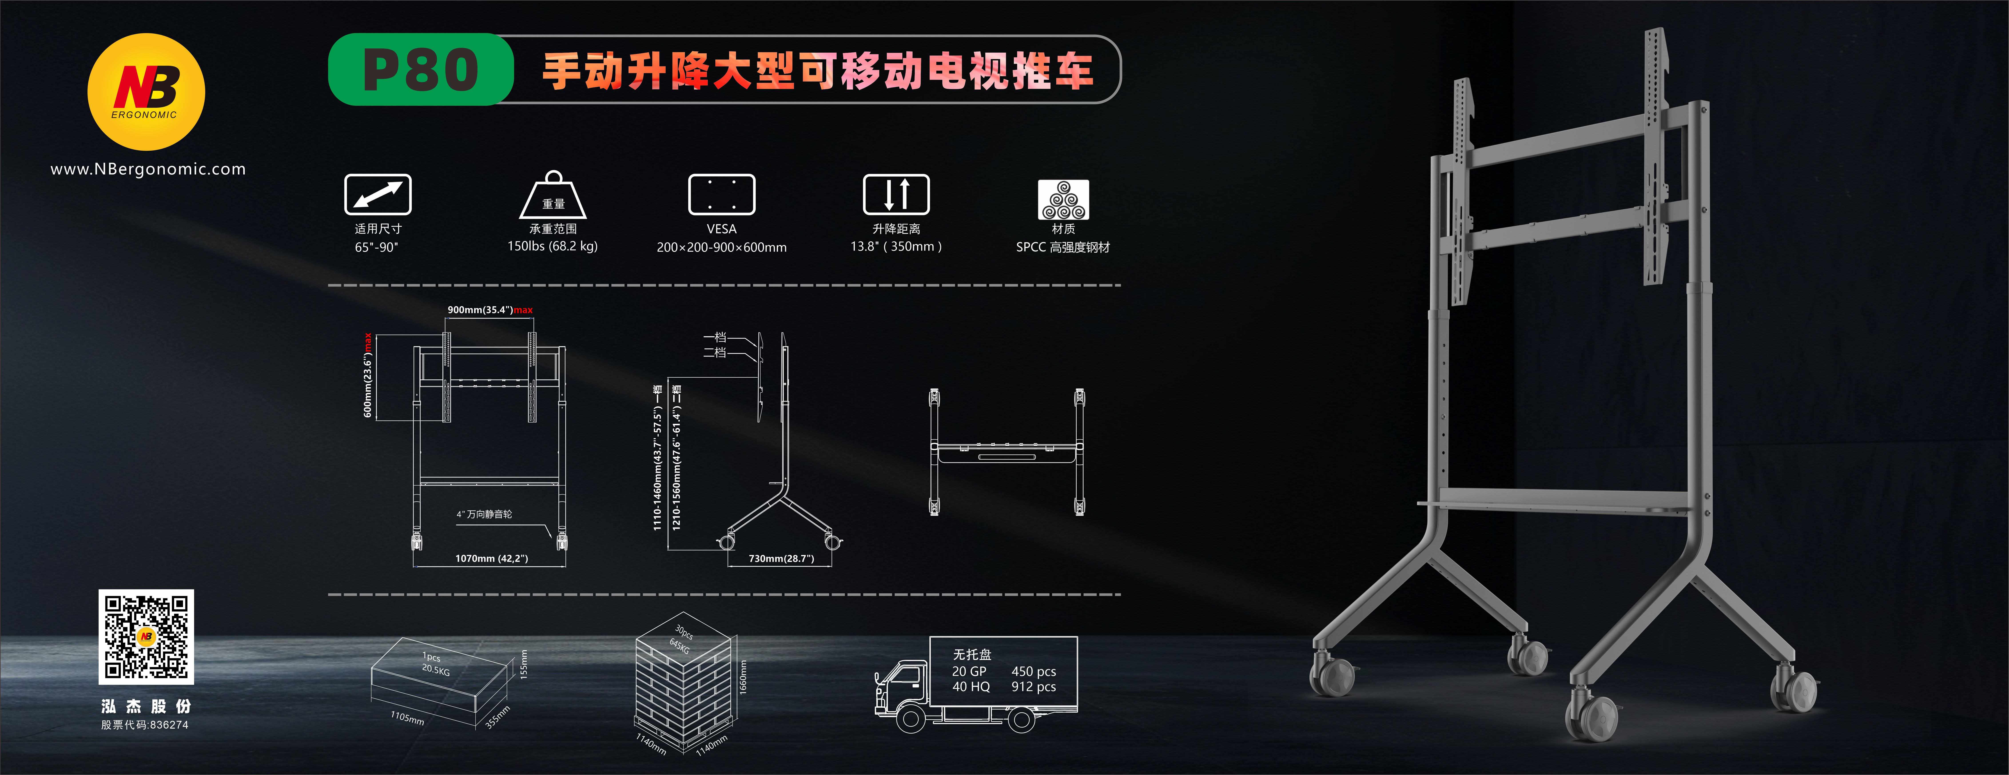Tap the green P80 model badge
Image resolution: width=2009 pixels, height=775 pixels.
(x=421, y=69)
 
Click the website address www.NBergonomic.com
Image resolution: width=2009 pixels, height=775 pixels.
(x=148, y=169)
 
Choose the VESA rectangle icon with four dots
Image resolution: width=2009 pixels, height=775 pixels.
(x=721, y=194)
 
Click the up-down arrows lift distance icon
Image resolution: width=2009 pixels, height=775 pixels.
(x=896, y=194)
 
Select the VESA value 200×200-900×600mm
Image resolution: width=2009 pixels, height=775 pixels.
(x=721, y=247)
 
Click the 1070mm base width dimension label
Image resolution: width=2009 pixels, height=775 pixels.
(x=491, y=558)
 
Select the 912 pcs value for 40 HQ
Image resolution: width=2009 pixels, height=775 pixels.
(x=1033, y=687)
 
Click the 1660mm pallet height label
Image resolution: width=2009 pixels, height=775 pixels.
(x=742, y=677)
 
